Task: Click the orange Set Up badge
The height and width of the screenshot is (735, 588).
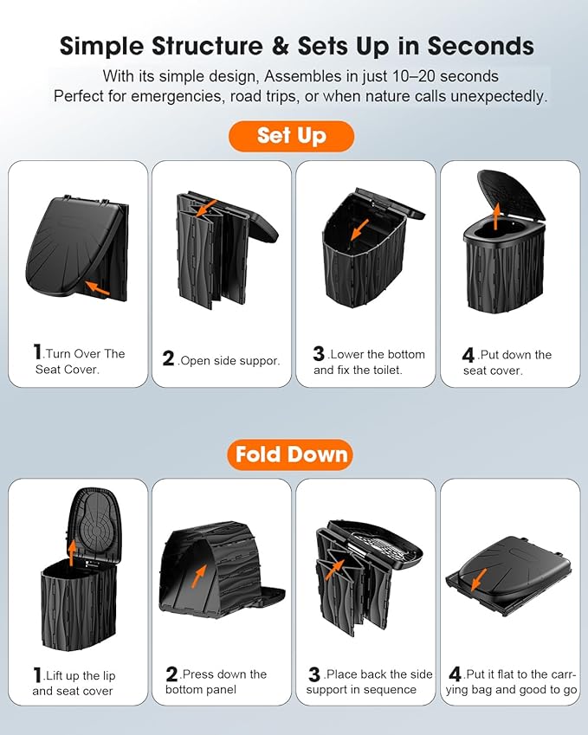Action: pos(291,136)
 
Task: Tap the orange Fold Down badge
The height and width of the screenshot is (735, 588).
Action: pos(290,455)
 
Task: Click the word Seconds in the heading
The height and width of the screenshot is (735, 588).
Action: pos(481,46)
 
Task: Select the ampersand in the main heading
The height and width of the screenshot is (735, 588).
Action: pos(280,46)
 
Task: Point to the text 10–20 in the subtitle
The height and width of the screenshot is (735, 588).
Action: pos(411,76)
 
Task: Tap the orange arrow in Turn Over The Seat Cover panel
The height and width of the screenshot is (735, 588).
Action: pos(98,287)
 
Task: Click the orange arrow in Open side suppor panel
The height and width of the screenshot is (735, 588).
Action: pos(206,208)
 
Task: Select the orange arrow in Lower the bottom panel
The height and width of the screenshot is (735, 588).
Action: pos(359,229)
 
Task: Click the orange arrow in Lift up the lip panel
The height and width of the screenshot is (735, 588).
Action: pos(71,553)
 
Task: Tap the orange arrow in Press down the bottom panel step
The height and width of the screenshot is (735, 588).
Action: pos(199,576)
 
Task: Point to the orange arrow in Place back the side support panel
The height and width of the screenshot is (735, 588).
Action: pos(336,570)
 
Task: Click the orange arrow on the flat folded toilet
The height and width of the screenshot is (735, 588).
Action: pos(478,579)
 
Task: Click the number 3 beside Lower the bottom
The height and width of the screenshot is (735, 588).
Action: pos(319,353)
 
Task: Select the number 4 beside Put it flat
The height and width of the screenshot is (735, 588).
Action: pos(455,674)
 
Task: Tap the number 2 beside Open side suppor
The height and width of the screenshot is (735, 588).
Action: pos(168,359)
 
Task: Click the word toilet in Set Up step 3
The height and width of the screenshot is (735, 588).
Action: pos(387,371)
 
